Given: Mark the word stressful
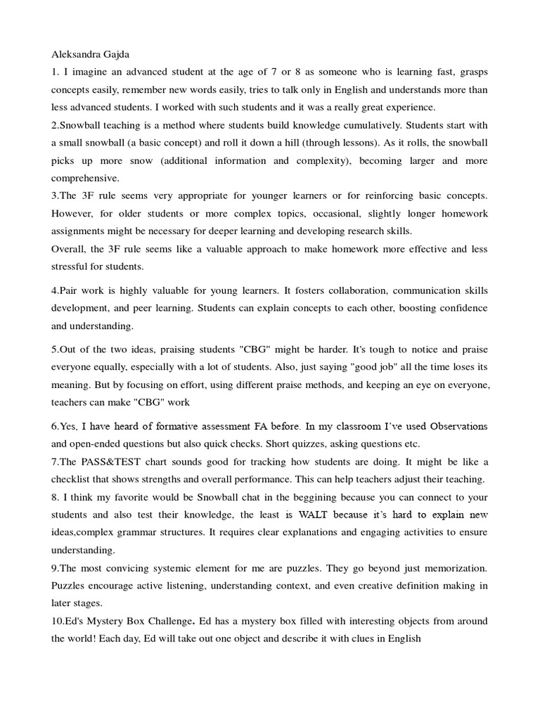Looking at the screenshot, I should click(72, 266).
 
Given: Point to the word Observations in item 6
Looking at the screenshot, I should click(458, 426).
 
